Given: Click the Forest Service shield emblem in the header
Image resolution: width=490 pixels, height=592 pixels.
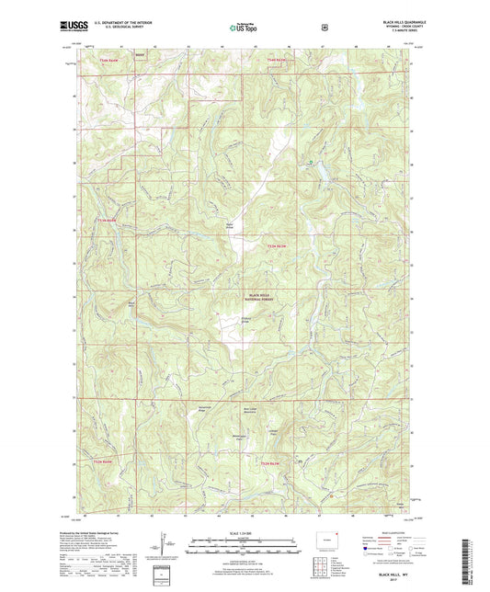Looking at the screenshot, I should point(325,28).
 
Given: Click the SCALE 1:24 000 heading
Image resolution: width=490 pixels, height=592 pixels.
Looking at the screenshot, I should point(245,535).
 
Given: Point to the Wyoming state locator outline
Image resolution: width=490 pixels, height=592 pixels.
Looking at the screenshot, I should point(330,540).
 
